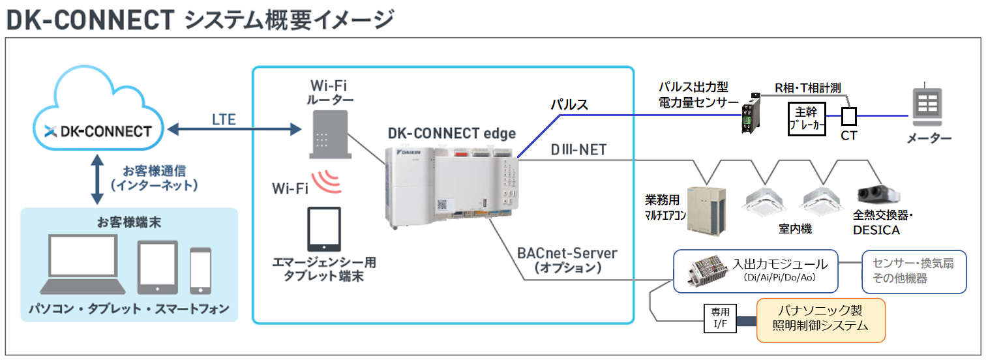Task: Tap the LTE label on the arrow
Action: pyautogui.click(x=224, y=119)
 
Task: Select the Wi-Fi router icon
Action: pyautogui.click(x=330, y=134)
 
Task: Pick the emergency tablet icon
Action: pyautogui.click(x=324, y=229)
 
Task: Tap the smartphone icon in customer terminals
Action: pyautogui.click(x=200, y=270)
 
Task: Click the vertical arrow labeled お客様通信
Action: pyautogui.click(x=97, y=179)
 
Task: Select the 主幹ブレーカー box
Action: pyautogui.click(x=807, y=117)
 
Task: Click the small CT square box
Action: pyautogui.click(x=848, y=116)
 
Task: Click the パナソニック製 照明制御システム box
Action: pyautogui.click(x=820, y=320)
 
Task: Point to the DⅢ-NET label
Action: pyautogui.click(x=578, y=151)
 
